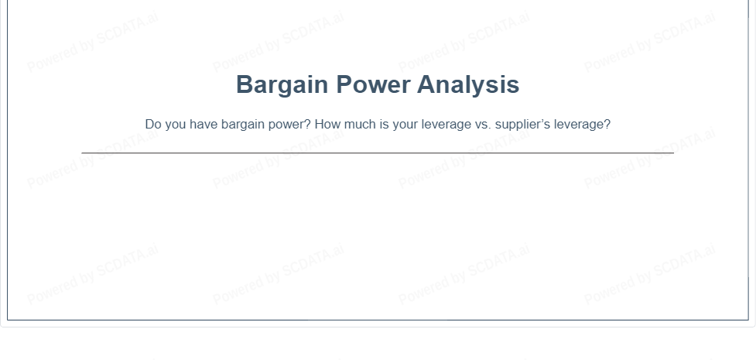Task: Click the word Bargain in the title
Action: click(x=282, y=85)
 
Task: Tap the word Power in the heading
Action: click(x=373, y=84)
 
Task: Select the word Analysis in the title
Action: click(x=468, y=85)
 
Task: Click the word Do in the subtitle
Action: click(x=153, y=125)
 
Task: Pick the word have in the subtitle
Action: click(x=204, y=125)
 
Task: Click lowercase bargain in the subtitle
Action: click(x=243, y=125)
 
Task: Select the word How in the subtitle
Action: click(x=327, y=125)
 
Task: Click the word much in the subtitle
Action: click(x=360, y=125)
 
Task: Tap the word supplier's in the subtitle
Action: click(x=522, y=125)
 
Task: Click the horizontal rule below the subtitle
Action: click(x=378, y=153)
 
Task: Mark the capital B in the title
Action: click(x=245, y=84)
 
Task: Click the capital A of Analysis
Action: click(x=426, y=84)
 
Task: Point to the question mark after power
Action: click(x=308, y=125)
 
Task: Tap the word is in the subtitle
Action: click(x=384, y=125)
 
